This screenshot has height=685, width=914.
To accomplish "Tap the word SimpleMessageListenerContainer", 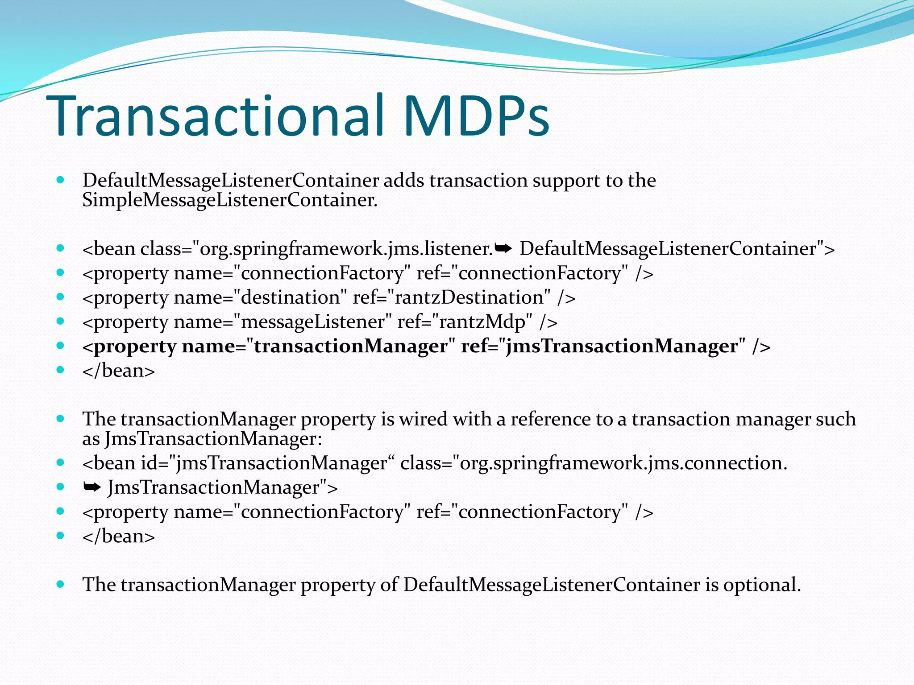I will click(x=229, y=200).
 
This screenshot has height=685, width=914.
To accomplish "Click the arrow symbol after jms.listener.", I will click(x=503, y=248).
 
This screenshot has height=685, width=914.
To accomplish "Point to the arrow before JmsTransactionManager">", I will click(x=92, y=487).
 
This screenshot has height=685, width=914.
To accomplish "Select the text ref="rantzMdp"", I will click(x=465, y=322).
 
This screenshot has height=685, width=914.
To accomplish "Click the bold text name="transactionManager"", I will click(x=319, y=347).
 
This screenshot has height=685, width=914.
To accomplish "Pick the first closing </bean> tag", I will click(x=119, y=371).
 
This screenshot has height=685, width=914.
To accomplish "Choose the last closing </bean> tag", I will click(x=119, y=536).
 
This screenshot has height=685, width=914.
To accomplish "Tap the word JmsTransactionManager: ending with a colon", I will click(x=213, y=439).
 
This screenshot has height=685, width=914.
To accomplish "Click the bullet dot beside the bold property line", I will click(x=61, y=346).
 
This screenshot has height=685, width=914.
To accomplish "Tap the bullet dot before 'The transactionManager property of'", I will click(x=61, y=584).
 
